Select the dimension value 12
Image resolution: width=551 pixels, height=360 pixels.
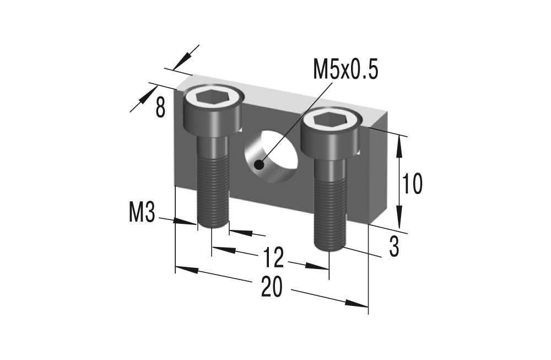coord(273,257)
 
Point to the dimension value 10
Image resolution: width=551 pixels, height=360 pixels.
coord(412,184)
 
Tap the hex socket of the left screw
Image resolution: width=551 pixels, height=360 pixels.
coord(212,98)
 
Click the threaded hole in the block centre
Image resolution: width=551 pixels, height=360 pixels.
coord(273,157)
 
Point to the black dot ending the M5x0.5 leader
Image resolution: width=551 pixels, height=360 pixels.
coord(260,164)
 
